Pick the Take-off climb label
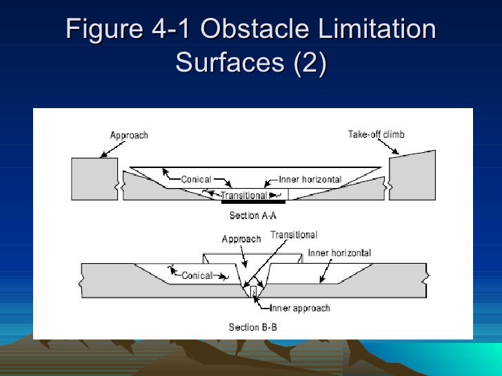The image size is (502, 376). click(376, 134)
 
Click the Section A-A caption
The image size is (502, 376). click(253, 216)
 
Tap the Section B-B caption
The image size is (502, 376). click(253, 327)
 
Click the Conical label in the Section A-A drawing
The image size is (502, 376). click(196, 180)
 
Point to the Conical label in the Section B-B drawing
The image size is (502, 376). click(197, 276)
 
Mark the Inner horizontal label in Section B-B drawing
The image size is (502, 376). click(339, 253)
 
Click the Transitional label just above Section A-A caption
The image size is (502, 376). click(243, 196)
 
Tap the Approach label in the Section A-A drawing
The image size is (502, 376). click(129, 135)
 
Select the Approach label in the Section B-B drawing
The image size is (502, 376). click(241, 239)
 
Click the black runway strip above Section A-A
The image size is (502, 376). click(253, 202)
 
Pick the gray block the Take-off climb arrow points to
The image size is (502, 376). click(412, 176)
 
